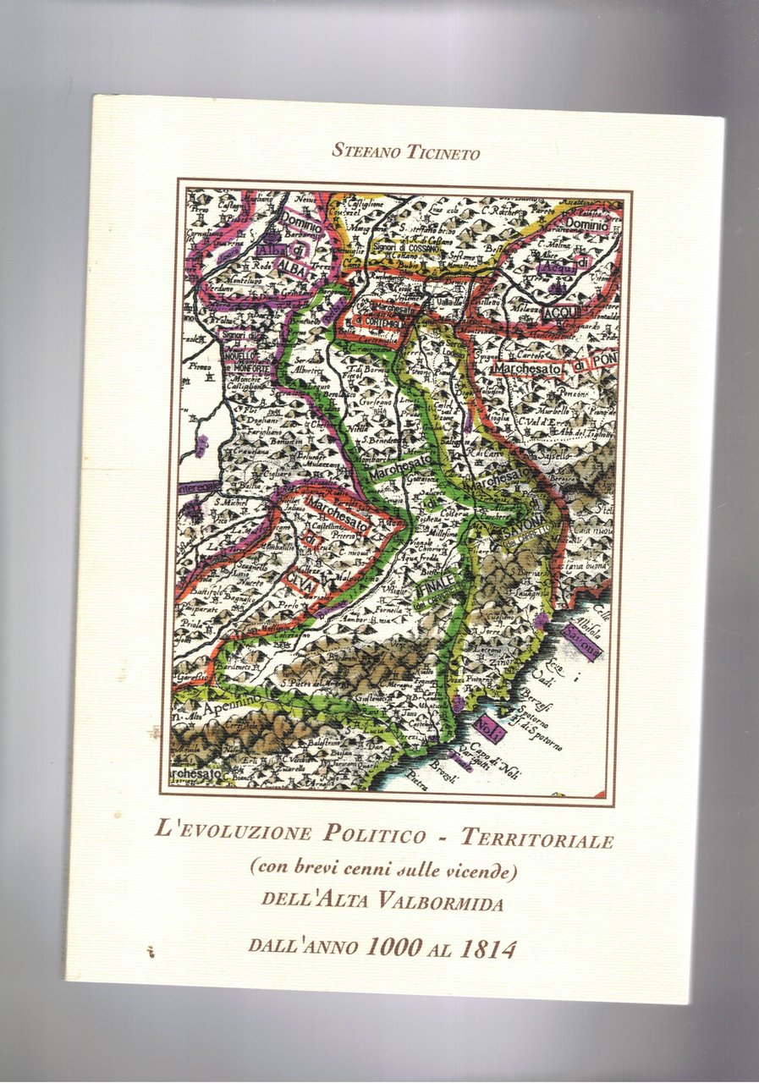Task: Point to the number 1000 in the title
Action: pos(393,948)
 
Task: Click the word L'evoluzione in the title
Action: pos(234,831)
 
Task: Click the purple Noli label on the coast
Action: pos(488,726)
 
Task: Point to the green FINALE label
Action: pos(437,586)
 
